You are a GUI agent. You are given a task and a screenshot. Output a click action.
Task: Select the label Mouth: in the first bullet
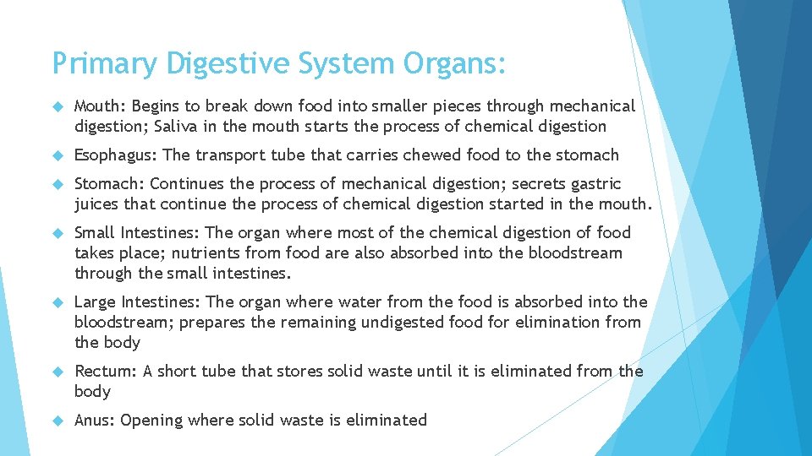[x=100, y=106]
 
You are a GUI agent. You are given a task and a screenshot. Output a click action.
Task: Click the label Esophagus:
[x=116, y=155]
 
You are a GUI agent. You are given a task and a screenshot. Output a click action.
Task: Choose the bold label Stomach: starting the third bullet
[x=110, y=184]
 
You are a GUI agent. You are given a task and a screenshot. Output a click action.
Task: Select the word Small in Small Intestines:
[x=95, y=233]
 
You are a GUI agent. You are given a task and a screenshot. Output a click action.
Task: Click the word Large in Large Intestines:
[x=96, y=302]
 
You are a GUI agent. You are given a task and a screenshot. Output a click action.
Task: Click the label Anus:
[x=95, y=421]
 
